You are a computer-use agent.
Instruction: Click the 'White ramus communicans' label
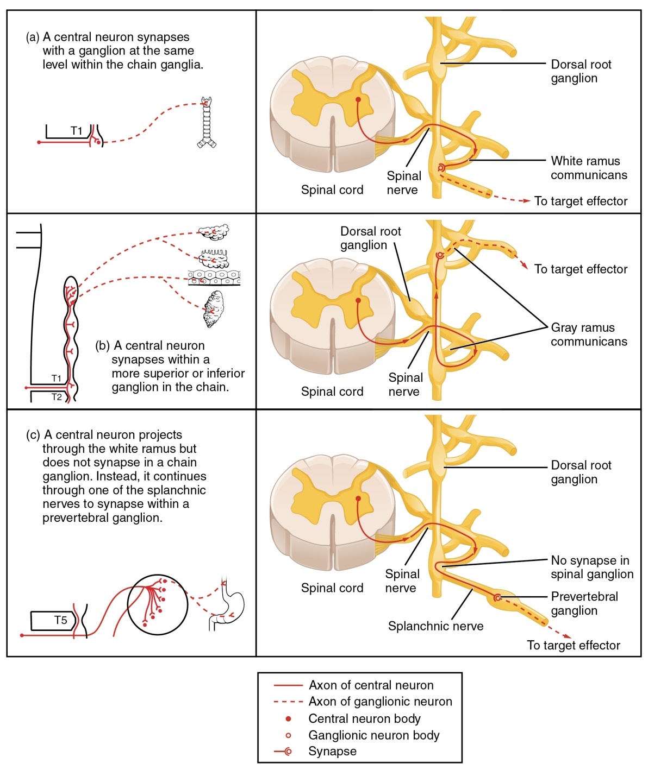point(588,168)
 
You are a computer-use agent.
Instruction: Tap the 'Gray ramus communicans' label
point(588,334)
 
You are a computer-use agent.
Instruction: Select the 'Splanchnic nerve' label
point(435,626)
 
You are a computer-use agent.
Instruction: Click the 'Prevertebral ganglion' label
point(584,603)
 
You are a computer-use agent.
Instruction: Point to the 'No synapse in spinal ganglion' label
point(591,567)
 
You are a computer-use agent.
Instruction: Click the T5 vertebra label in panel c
point(60,620)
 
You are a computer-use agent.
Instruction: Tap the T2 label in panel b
point(57,397)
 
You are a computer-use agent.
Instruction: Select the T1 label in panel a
point(77,131)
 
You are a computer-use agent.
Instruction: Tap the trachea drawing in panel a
point(207,123)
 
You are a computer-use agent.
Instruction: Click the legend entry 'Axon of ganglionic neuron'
point(380,702)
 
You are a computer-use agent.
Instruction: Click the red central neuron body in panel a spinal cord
point(358,100)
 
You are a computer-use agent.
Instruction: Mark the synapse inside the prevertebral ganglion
point(497,598)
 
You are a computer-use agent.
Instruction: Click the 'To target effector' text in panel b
point(581,269)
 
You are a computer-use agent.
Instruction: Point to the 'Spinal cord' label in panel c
point(332,588)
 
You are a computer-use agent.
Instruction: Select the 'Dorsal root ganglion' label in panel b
point(370,238)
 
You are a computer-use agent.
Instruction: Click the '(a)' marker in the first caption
point(33,37)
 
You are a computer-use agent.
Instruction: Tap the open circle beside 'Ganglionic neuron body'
point(288,735)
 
